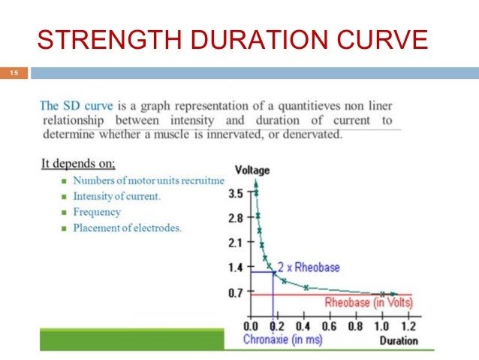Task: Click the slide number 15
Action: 13,73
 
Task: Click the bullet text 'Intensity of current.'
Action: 116,196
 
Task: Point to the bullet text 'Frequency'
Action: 96,212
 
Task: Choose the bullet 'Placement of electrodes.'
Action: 126,228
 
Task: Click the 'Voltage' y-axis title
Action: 252,170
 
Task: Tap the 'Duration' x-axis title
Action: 398,340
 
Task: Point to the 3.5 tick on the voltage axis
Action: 234,193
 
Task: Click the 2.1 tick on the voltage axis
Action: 234,243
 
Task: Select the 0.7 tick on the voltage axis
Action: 234,292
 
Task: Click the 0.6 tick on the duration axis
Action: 329,327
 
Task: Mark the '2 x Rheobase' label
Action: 309,268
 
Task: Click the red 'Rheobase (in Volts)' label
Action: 368,302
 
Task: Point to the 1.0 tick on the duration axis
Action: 381,327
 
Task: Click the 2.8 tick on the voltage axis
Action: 234,218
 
